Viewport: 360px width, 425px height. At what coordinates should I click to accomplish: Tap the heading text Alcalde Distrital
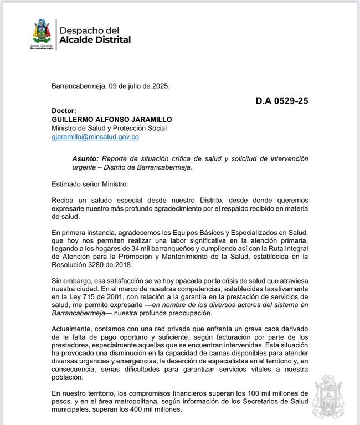point(95,39)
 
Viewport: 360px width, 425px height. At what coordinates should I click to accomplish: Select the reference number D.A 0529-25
point(282,100)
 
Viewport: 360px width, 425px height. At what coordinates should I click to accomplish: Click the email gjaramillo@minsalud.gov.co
point(95,136)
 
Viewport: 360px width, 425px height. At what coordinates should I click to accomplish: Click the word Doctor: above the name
point(64,111)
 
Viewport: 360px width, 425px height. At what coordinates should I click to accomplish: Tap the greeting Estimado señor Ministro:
point(90,183)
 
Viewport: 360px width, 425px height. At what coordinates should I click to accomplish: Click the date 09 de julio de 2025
point(136,86)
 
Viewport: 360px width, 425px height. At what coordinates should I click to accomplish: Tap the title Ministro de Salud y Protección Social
point(109,128)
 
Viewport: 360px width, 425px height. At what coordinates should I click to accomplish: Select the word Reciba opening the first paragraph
point(64,199)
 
